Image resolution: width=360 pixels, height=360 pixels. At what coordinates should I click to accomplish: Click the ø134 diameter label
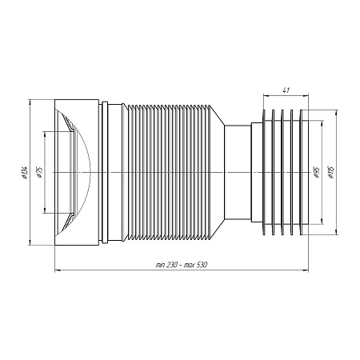point(26,172)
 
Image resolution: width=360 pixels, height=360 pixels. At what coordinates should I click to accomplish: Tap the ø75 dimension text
point(41,173)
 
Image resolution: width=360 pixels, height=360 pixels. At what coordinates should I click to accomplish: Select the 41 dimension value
point(286,90)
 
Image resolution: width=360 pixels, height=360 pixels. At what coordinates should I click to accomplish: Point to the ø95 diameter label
point(317,173)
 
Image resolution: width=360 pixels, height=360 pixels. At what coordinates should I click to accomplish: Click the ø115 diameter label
point(332,172)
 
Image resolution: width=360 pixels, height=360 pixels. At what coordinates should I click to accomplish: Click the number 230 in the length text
point(170,265)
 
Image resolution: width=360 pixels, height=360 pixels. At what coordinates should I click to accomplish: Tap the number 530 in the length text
point(202,265)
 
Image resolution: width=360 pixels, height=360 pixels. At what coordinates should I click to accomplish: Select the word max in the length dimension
point(190,265)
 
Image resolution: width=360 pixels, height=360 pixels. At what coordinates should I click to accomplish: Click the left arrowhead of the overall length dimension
point(57,270)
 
